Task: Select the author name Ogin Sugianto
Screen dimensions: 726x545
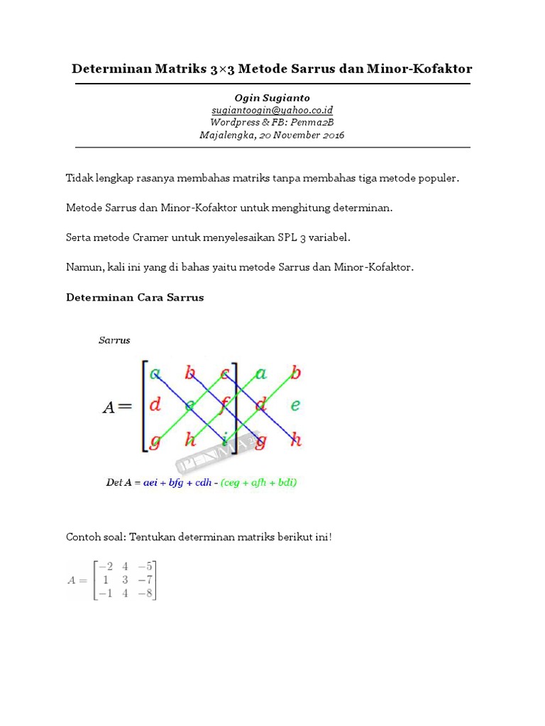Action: tap(272, 98)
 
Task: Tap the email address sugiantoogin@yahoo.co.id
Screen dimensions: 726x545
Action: tap(272, 111)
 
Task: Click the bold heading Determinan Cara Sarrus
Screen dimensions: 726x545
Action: tap(135, 297)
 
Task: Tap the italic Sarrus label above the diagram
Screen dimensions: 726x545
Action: tap(114, 340)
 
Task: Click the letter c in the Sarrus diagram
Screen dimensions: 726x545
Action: tap(224, 373)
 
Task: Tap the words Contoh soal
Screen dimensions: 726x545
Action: tap(95, 537)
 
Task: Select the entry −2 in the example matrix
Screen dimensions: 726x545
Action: tap(106, 566)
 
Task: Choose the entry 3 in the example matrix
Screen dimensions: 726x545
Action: tap(126, 580)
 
